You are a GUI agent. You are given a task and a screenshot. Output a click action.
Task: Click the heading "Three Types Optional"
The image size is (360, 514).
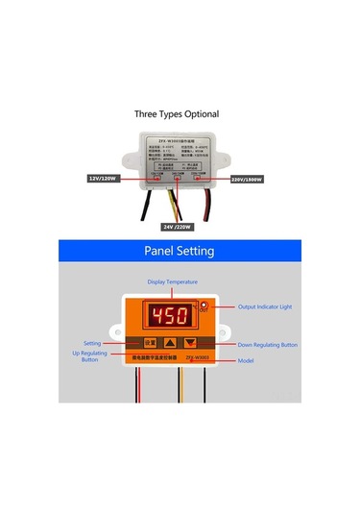pyautogui.click(x=176, y=113)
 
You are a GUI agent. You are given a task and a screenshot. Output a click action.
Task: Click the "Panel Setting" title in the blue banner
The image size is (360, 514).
pyautogui.click(x=180, y=251)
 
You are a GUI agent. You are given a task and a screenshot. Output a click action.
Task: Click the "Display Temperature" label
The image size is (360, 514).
pyautogui.click(x=172, y=281)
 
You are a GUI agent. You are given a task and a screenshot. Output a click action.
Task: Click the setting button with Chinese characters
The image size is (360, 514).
pyautogui.click(x=149, y=341)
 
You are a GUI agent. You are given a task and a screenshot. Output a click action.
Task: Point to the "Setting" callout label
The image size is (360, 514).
pyautogui.click(x=92, y=341)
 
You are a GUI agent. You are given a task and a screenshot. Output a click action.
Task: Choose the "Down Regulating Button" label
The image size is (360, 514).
pyautogui.click(x=268, y=344)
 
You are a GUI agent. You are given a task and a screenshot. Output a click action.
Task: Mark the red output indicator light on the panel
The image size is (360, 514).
pyautogui.click(x=204, y=306)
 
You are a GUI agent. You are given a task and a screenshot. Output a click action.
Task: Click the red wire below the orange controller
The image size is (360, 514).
pyautogui.click(x=147, y=384)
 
